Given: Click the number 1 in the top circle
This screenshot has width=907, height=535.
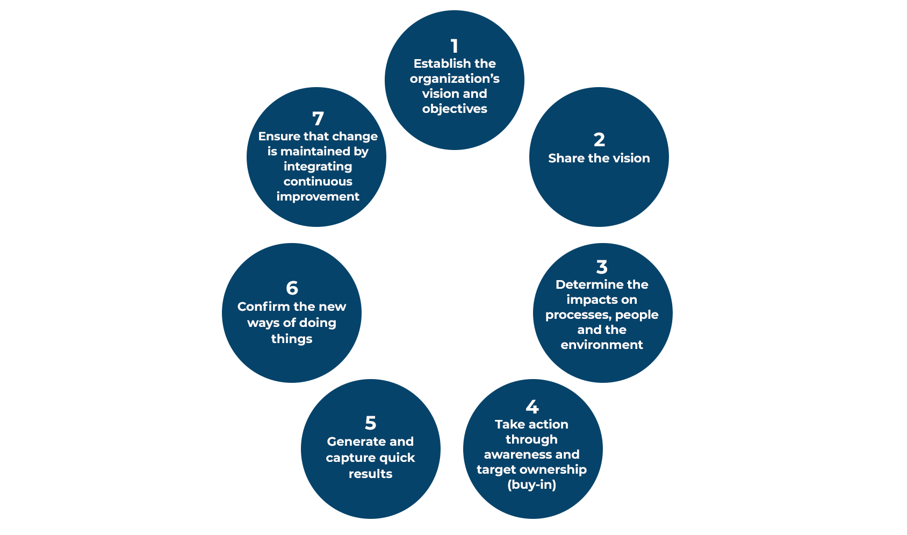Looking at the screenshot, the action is [455, 46].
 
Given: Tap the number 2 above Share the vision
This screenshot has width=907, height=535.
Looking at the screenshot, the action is [599, 140].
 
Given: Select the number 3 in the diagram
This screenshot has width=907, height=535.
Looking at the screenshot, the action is [602, 267].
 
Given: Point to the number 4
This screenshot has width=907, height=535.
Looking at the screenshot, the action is [532, 407].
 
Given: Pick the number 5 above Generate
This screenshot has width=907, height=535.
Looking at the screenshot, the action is [371, 423].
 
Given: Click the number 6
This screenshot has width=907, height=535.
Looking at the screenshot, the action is [292, 288].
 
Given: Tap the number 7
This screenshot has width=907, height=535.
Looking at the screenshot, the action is [318, 119].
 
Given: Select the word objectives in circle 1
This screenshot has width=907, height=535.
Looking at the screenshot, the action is [455, 109].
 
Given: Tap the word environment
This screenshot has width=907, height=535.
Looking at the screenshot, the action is [602, 345].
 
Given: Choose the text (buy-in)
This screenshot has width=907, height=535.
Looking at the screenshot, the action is [531, 485].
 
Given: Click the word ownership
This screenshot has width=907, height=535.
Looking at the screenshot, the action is [556, 470].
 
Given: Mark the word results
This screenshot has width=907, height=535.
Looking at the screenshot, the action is [371, 474].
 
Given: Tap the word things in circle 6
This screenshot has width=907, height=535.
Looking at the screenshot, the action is [292, 339].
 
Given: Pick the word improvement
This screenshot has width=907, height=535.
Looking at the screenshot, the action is [318, 197].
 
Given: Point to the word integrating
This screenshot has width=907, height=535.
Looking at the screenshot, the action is [318, 167].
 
